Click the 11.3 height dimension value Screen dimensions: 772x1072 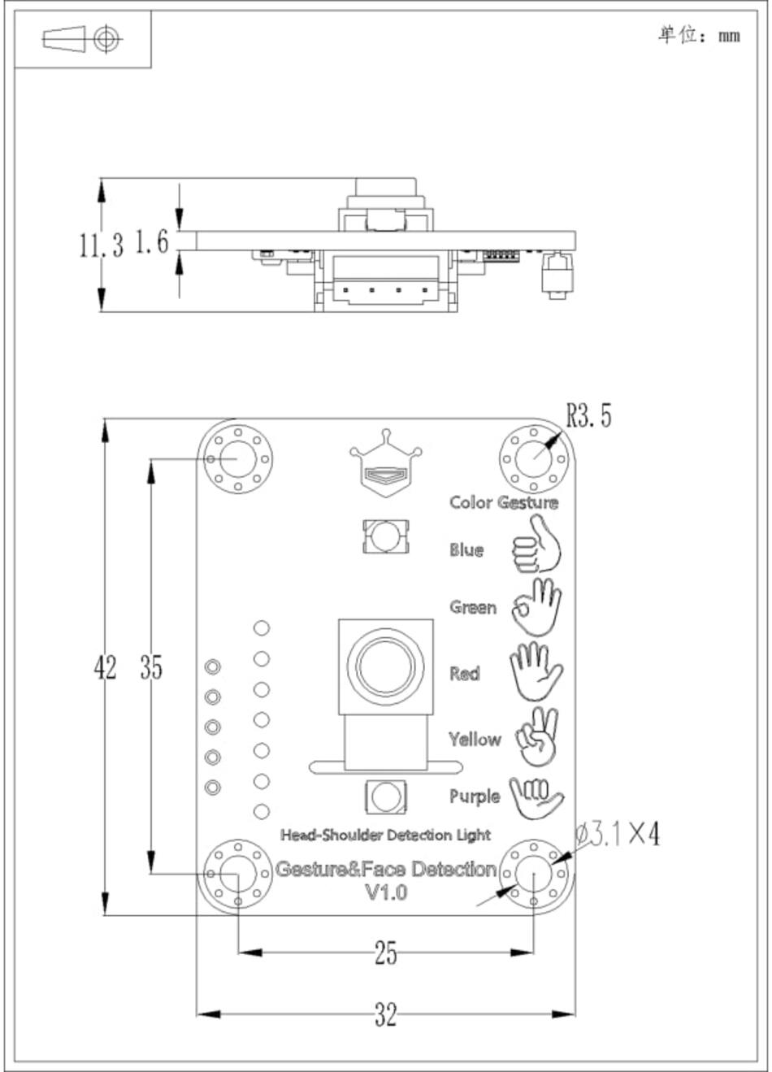(101, 245)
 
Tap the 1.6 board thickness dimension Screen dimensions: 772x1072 (152, 241)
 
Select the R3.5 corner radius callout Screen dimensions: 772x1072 (588, 414)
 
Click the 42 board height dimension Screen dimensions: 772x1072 (106, 667)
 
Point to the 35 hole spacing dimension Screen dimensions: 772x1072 (151, 667)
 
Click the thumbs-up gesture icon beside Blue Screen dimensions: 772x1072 (536, 544)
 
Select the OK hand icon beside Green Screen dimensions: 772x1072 (536, 607)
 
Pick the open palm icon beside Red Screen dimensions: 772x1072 (536, 671)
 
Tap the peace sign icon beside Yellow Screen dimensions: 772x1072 (537, 737)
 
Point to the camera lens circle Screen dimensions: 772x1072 (385, 666)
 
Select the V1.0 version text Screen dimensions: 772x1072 (386, 892)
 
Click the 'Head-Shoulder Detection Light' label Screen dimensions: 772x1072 (385, 835)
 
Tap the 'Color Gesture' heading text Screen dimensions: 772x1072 (504, 502)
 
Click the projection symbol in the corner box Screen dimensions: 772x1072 (82, 39)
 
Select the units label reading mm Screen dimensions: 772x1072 (729, 37)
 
